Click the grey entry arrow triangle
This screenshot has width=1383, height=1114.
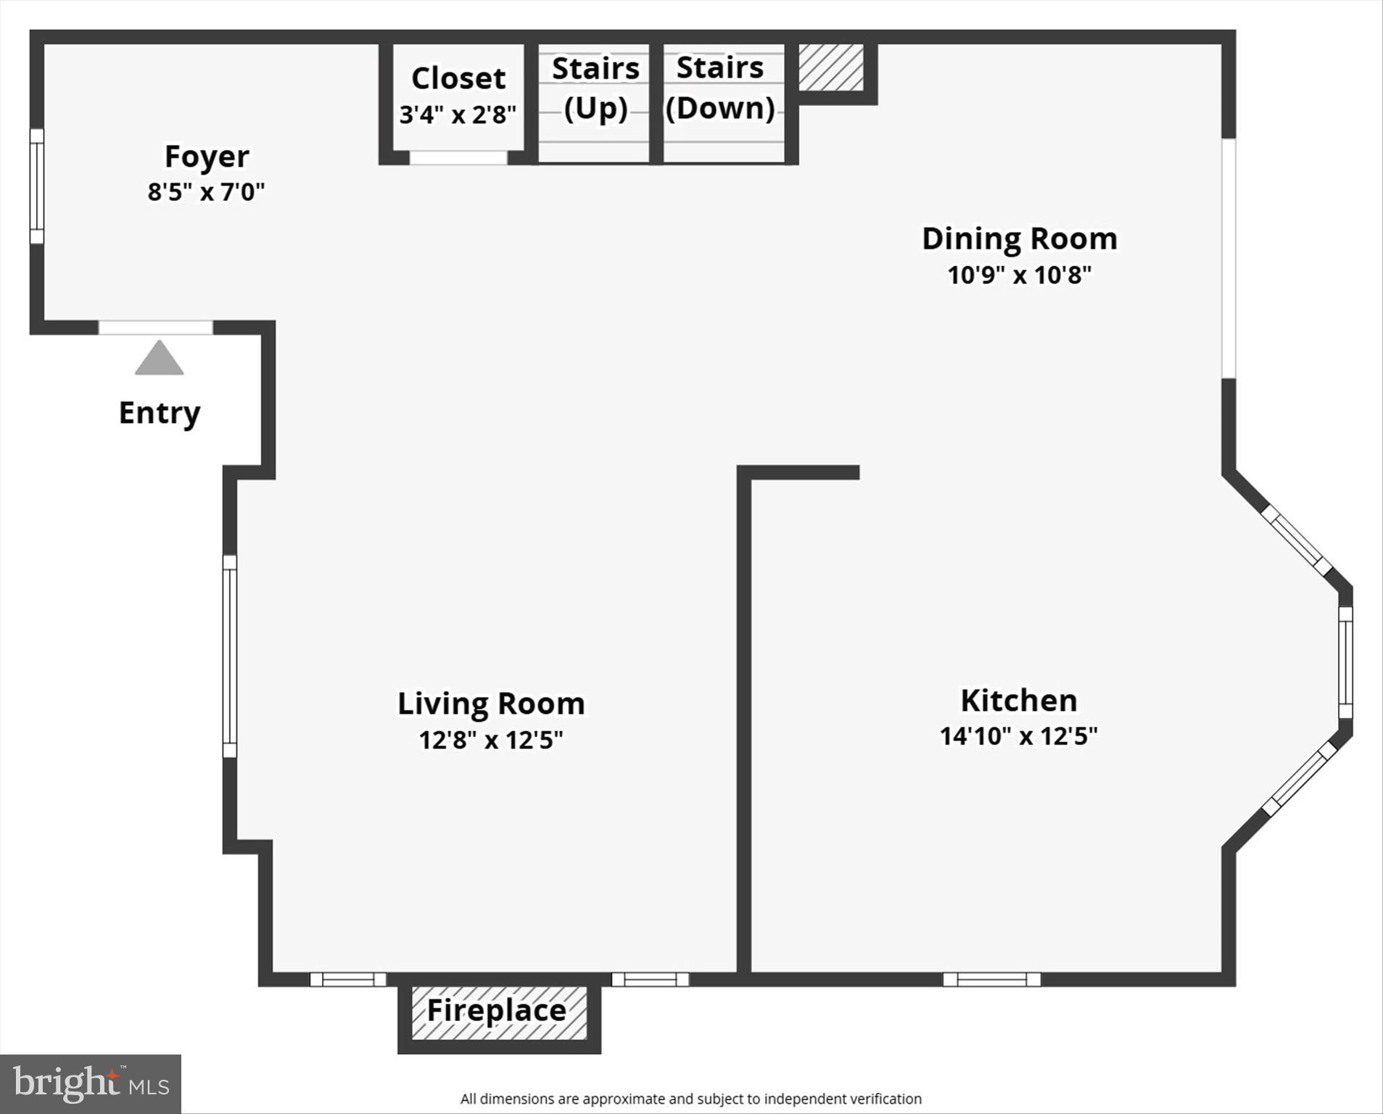[160, 359]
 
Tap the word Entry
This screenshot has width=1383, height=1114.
[160, 413]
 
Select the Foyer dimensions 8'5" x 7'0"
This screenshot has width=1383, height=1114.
[206, 192]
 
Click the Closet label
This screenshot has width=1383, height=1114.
[458, 78]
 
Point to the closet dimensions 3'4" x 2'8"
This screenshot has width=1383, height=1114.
[458, 115]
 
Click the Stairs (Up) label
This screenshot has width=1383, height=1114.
[595, 88]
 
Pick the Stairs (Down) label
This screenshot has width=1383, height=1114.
[720, 88]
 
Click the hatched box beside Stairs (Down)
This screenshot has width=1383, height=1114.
[831, 68]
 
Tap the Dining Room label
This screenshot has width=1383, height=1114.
[1019, 239]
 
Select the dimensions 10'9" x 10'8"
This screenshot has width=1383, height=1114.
[1019, 276]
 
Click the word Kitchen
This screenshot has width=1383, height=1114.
[1018, 701]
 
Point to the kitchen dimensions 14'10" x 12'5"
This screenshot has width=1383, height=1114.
[1018, 737]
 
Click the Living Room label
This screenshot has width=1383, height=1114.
[491, 704]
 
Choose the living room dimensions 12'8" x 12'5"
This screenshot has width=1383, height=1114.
[491, 740]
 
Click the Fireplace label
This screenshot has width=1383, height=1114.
[497, 1011]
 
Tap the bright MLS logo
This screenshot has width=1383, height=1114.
[91, 1084]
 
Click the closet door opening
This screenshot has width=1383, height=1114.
[458, 157]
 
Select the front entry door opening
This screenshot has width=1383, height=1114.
[156, 328]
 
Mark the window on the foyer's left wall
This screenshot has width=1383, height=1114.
[36, 186]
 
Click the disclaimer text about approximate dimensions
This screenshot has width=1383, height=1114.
[690, 1099]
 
